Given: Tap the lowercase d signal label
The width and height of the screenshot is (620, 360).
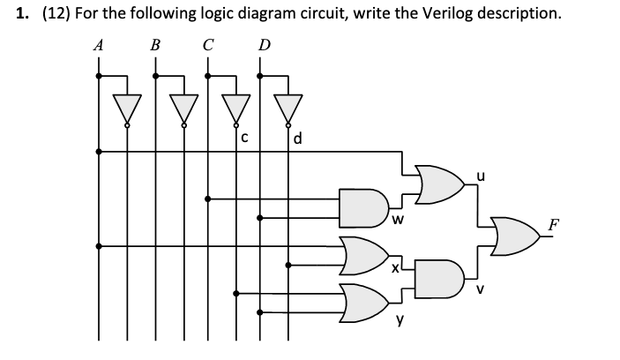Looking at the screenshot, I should coord(298,139).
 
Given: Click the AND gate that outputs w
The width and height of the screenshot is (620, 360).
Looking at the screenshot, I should coord(362,204).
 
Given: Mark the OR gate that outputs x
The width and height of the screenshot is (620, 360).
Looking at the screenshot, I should coord(362,254).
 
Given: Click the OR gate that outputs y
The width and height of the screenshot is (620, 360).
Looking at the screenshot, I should coord(362,303).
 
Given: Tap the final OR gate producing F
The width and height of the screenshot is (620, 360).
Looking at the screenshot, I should coord(513,236).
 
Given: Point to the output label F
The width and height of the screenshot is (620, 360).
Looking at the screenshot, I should coord(553,224).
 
